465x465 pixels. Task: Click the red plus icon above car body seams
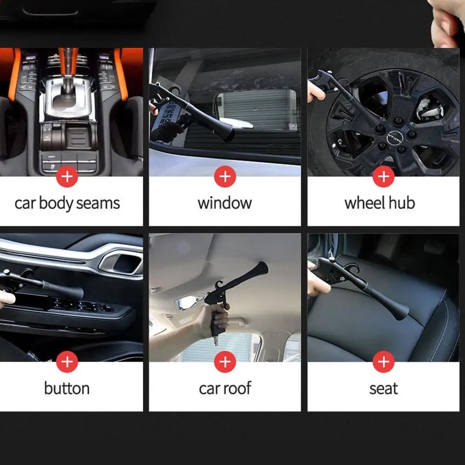pyautogui.click(x=67, y=177)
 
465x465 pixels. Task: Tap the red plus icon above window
pyautogui.click(x=225, y=177)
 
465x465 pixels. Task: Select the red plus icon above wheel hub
pyautogui.click(x=383, y=177)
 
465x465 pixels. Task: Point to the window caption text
pyautogui.click(x=225, y=203)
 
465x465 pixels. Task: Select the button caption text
pyautogui.click(x=67, y=388)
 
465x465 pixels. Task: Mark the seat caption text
pyautogui.click(x=383, y=388)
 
